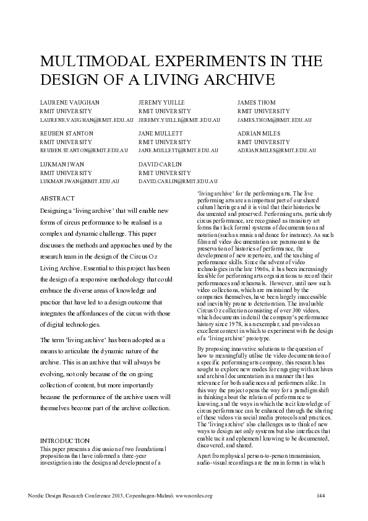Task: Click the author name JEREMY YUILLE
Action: tap(161, 102)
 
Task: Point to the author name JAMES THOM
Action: tap(257, 102)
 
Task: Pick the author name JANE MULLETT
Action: tap(161, 133)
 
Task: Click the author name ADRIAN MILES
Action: tap(258, 133)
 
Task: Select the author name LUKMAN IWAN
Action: tap(62, 164)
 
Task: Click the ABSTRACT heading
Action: tap(57, 200)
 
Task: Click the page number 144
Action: tap(320, 496)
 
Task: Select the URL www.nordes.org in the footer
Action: tap(194, 496)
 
